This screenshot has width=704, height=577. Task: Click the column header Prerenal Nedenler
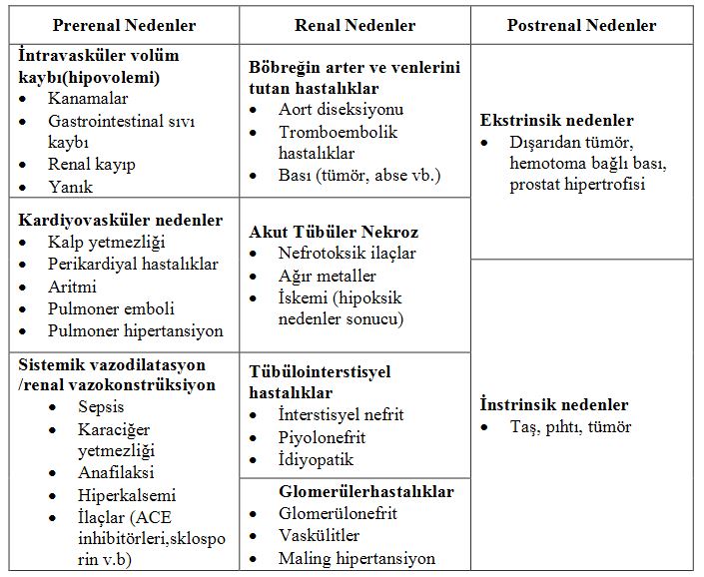pyautogui.click(x=124, y=24)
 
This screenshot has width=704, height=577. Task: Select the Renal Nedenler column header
pyautogui.click(x=354, y=24)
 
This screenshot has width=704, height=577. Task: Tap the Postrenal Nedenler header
pyautogui.click(x=581, y=24)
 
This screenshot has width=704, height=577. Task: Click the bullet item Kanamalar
pyautogui.click(x=87, y=99)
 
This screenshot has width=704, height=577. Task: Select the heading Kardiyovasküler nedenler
pyautogui.click(x=121, y=220)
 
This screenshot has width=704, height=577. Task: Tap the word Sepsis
pyautogui.click(x=102, y=406)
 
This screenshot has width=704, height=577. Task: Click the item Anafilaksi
pyautogui.click(x=116, y=472)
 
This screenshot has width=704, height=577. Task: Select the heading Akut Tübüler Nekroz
pyautogui.click(x=334, y=233)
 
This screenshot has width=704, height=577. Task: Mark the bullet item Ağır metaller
pyautogui.click(x=328, y=276)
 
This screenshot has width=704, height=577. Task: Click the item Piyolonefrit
pyautogui.click(x=322, y=437)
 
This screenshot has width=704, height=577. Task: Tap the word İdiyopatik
pyautogui.click(x=316, y=460)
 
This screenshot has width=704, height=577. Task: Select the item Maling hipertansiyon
pyautogui.click(x=356, y=558)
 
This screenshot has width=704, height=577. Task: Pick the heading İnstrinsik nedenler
pyautogui.click(x=554, y=405)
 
